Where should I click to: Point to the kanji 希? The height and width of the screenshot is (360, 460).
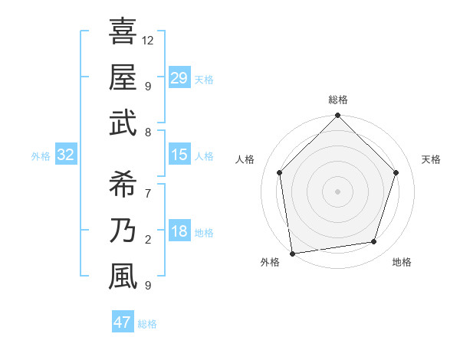click(123, 184)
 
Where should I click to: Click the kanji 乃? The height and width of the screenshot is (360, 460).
click(123, 230)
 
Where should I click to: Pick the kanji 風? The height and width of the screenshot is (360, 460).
click(123, 276)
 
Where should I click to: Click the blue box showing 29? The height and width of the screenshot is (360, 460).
click(179, 78)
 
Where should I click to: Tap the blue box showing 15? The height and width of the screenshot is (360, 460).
click(179, 155)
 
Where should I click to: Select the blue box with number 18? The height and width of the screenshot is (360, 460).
click(179, 232)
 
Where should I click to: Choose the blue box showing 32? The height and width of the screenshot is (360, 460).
click(66, 155)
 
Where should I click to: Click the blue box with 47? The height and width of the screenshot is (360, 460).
click(123, 322)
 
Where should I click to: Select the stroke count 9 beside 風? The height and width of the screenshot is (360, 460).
click(147, 286)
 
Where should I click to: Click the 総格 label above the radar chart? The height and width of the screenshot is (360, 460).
click(337, 100)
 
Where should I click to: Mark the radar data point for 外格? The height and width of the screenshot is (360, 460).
click(292, 252)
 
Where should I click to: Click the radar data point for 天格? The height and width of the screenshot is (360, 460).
click(396, 172)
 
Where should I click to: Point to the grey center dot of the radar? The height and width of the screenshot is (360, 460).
click(337, 191)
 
